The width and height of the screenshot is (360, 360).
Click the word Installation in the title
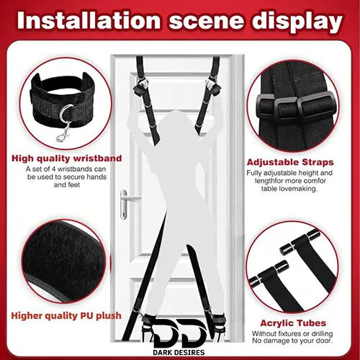(x=89, y=20)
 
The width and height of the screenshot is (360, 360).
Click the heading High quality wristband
(x=67, y=158)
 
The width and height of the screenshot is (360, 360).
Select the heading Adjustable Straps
(x=290, y=163)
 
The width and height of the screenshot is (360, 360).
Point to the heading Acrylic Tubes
(x=293, y=323)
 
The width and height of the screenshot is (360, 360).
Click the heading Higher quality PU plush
(x=66, y=316)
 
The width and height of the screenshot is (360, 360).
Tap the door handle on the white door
(x=126, y=204)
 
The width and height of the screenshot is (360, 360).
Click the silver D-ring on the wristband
(x=66, y=114)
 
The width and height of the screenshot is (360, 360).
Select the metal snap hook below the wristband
(x=63, y=132)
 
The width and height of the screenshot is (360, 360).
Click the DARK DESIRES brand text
(x=179, y=352)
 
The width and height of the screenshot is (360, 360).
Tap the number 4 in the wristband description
(x=54, y=169)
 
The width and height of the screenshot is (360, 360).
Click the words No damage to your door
(x=292, y=341)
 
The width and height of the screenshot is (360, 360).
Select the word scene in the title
(x=206, y=21)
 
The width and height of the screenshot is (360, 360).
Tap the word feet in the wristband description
(x=73, y=185)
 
